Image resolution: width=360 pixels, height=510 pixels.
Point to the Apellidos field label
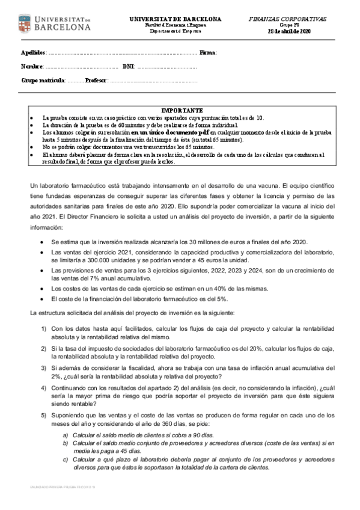pos(33,53)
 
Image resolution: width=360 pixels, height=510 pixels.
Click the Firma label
pos(207,53)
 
